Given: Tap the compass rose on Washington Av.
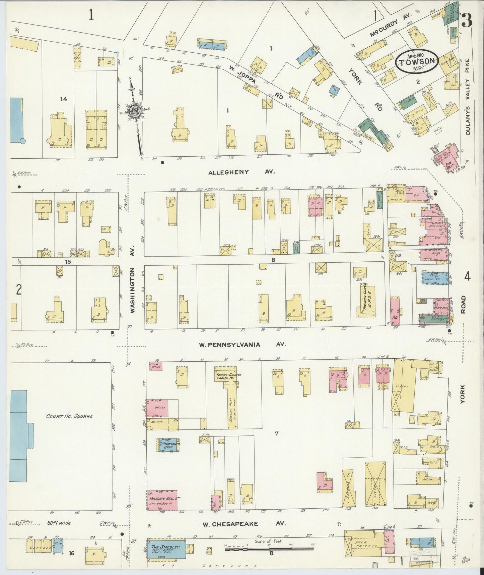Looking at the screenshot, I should (135, 112).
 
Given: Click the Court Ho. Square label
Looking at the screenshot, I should (69, 416).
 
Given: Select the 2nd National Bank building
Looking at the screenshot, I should (169, 445).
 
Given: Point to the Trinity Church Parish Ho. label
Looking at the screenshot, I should (229, 377).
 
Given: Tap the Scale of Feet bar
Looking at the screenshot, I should (269, 549).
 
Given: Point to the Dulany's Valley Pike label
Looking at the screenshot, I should (468, 97).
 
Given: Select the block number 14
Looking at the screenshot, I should (64, 99).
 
